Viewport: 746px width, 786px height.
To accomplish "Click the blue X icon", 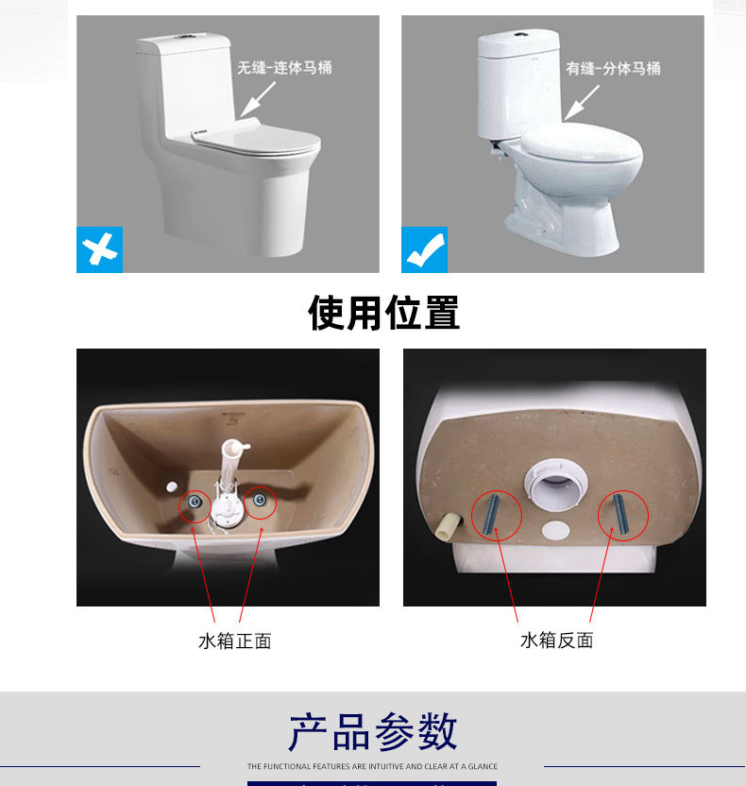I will (x=99, y=249).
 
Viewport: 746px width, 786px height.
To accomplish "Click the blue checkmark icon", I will (x=425, y=249).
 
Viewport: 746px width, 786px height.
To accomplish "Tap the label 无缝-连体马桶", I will (x=284, y=68).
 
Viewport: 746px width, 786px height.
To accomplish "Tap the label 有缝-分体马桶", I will (x=613, y=68).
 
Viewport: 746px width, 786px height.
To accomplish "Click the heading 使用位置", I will (x=383, y=313).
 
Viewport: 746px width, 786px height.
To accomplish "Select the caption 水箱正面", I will (x=235, y=641).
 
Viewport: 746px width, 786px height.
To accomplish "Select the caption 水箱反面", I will (x=557, y=641).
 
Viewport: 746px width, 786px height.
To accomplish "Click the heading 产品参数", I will (x=373, y=732).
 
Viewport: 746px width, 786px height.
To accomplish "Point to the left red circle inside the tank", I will (x=195, y=504).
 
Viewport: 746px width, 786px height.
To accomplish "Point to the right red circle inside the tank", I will (x=260, y=503).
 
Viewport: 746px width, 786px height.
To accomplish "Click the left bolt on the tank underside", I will (x=495, y=515).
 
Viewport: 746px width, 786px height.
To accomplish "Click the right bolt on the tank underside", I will (x=621, y=516).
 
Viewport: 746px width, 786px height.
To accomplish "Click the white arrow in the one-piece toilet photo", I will (x=262, y=98).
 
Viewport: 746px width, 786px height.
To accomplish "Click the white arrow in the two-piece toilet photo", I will (x=584, y=100).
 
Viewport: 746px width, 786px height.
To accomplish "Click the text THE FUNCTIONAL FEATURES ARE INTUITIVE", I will (x=372, y=766).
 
